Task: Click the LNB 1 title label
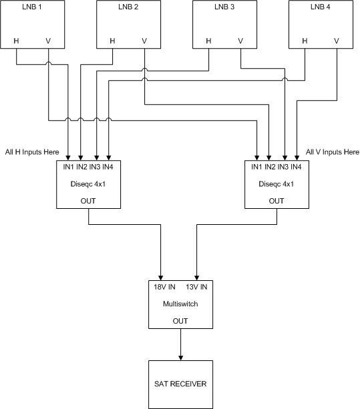(32, 7)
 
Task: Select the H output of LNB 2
(112, 41)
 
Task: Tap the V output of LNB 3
(240, 41)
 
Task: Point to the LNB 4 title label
(321, 7)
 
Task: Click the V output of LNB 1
(48, 41)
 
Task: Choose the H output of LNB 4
(305, 41)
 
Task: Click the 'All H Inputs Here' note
(32, 152)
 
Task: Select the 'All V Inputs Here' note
(333, 152)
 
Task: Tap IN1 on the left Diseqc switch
(68, 167)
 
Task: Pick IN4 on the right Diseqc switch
(296, 167)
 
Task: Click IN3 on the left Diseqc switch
(95, 167)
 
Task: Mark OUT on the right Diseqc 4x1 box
(277, 201)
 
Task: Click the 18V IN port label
(164, 287)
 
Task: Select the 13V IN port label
(196, 287)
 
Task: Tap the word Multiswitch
(180, 304)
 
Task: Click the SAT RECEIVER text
(180, 384)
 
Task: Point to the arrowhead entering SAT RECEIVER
(180, 358)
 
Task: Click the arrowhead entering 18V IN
(161, 278)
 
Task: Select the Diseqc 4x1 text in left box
(88, 184)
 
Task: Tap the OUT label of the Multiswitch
(180, 321)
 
